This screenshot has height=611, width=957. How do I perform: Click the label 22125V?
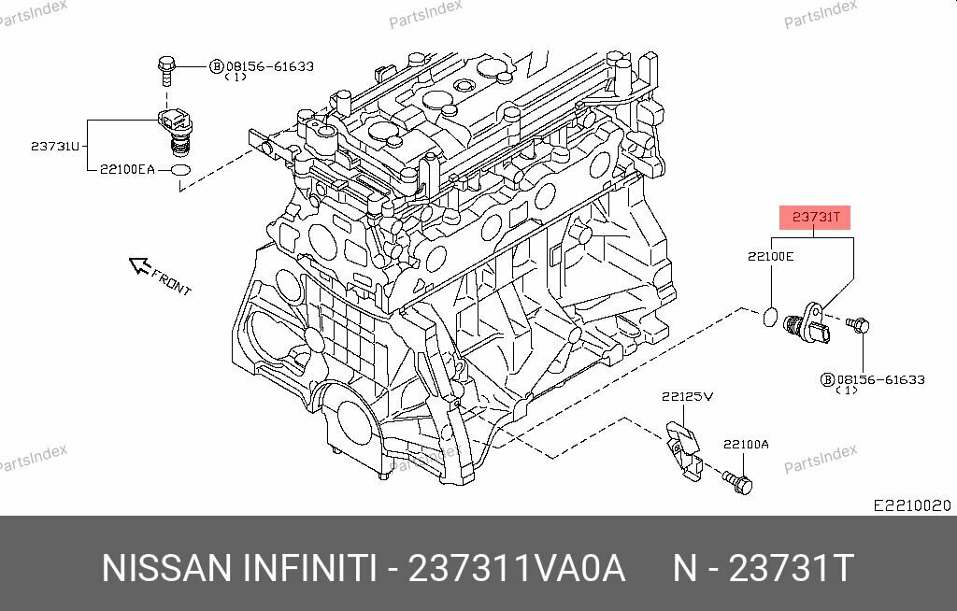(x=687, y=396)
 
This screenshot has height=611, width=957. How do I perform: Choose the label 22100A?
(x=745, y=445)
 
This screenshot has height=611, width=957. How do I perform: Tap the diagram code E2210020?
(x=911, y=505)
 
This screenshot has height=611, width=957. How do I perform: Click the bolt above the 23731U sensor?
(x=165, y=69)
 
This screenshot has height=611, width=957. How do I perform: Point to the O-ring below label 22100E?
(x=769, y=316)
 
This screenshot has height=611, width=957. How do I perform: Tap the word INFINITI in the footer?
(x=309, y=568)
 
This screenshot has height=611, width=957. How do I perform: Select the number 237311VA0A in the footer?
(x=517, y=568)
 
